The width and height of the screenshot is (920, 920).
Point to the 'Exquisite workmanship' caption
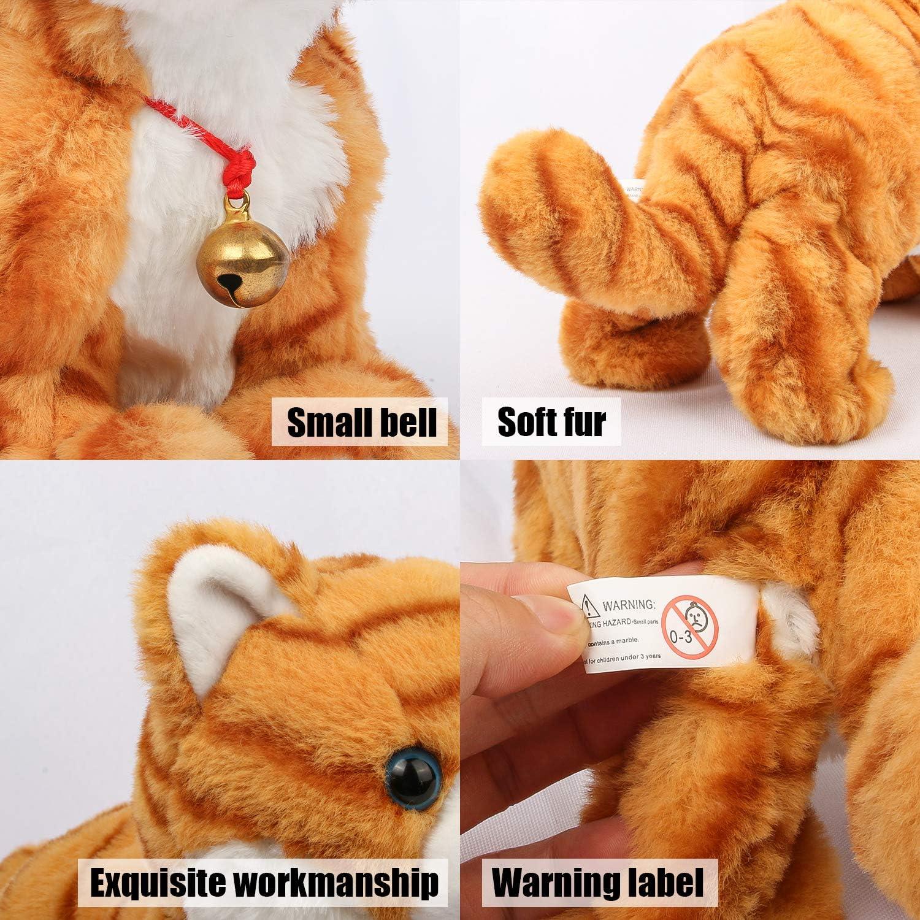[264, 882]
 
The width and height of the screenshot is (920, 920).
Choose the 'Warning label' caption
[597, 881]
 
